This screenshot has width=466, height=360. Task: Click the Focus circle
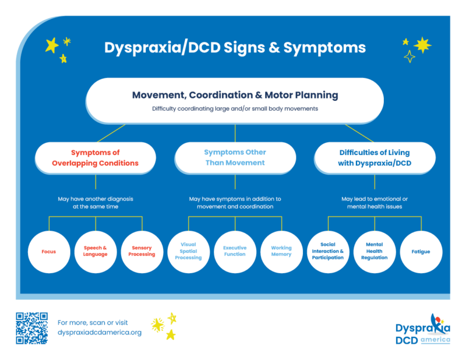pyautogui.click(x=49, y=252)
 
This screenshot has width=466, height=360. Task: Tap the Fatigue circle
pyautogui.click(x=421, y=252)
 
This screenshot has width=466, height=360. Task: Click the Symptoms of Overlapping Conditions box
pyautogui.click(x=96, y=158)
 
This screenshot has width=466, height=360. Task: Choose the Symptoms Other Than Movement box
pyautogui.click(x=235, y=158)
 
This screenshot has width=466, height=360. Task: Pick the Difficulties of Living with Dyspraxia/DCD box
pyautogui.click(x=375, y=158)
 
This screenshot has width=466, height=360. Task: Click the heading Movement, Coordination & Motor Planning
pyautogui.click(x=235, y=95)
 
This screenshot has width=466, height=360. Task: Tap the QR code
pyautogui.click(x=31, y=328)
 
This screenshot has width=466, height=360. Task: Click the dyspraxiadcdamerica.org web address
pyautogui.click(x=100, y=333)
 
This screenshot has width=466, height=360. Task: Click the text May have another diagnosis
pyautogui.click(x=96, y=199)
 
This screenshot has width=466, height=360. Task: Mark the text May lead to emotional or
pyautogui.click(x=375, y=199)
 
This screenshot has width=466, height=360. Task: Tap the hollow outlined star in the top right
pyautogui.click(x=409, y=57)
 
